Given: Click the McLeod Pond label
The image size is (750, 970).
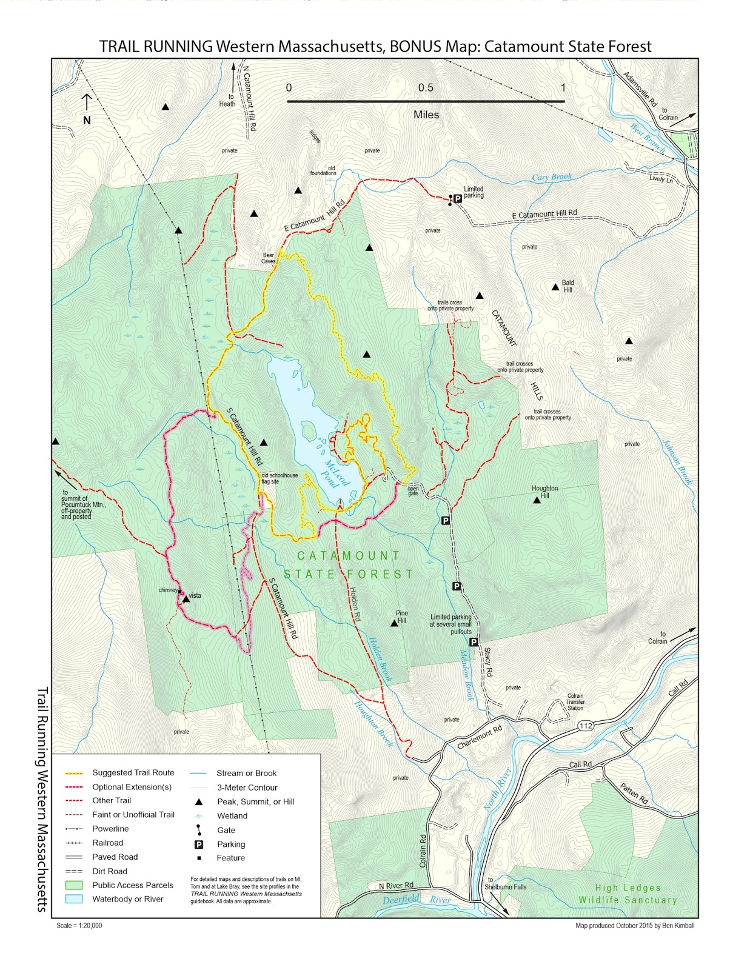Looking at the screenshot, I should point(336,473).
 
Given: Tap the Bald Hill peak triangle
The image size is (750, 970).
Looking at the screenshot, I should point(555,287).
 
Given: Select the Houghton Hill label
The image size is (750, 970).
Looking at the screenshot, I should point(544,492).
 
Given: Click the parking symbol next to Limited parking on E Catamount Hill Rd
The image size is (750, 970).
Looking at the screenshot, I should point(458,198).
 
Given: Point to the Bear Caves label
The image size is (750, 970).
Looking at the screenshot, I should point(269,258).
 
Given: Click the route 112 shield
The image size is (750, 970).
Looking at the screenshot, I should point(586,726).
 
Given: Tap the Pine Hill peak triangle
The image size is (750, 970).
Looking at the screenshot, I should point(394,623).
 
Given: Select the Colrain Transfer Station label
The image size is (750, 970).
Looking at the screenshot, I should point(575,702).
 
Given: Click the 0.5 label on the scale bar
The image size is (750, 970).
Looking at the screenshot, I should point(426,88).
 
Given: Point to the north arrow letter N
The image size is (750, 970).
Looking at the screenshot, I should point(87,121).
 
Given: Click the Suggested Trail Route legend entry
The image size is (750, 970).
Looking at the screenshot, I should point(133,772).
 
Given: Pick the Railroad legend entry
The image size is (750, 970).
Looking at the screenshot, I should point(107,843).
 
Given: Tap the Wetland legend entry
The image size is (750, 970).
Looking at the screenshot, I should point(232,815).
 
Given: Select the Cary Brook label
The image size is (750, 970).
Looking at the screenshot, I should point(552,177).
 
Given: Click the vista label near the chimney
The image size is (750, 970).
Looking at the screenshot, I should point(195,595).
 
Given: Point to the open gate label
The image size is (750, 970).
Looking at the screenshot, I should point(413,490).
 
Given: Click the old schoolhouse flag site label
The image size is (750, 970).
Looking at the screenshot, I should point(280,478).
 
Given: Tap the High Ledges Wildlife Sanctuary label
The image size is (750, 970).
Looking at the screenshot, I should point(628,894).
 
